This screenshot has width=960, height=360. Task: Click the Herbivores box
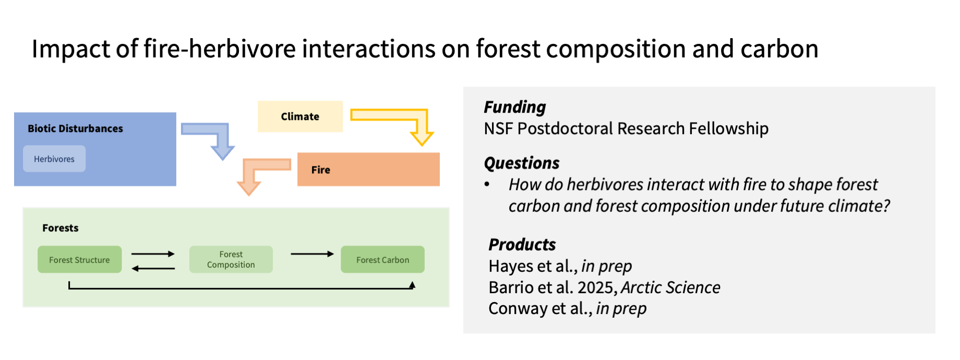point(54,159)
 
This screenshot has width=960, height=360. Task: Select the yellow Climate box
point(300,116)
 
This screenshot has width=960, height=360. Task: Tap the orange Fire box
point(368,170)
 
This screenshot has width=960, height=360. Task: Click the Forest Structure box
point(79,260)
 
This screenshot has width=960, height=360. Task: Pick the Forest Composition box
point(231,260)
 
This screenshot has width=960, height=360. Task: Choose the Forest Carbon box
point(382,260)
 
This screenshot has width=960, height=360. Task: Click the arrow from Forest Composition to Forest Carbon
point(312,254)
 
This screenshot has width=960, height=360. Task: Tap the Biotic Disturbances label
point(75,128)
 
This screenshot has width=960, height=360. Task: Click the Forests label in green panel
point(61,228)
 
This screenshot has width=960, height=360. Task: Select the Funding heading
point(514,107)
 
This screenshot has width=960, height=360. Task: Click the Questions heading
point(522,163)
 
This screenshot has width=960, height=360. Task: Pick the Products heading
point(522,245)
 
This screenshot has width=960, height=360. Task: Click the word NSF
point(498,128)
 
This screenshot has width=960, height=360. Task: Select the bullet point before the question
point(487,184)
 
